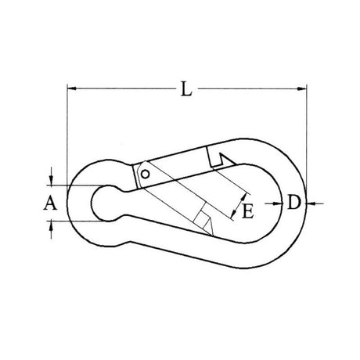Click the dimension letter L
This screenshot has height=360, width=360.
click(x=185, y=90)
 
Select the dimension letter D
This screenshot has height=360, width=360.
click(x=293, y=203)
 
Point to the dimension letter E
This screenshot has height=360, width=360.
click(x=247, y=210)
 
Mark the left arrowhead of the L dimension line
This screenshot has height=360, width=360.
click(x=71, y=89)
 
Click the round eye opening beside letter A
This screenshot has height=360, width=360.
click(x=106, y=203)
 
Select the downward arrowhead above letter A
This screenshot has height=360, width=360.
click(x=52, y=182)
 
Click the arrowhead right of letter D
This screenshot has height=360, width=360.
click(x=308, y=203)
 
